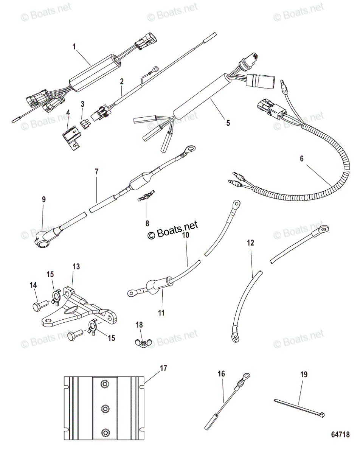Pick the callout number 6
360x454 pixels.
point(301,159)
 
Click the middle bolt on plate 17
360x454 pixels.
point(106,408)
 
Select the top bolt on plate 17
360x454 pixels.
point(104,384)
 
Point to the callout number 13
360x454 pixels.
point(76,266)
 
